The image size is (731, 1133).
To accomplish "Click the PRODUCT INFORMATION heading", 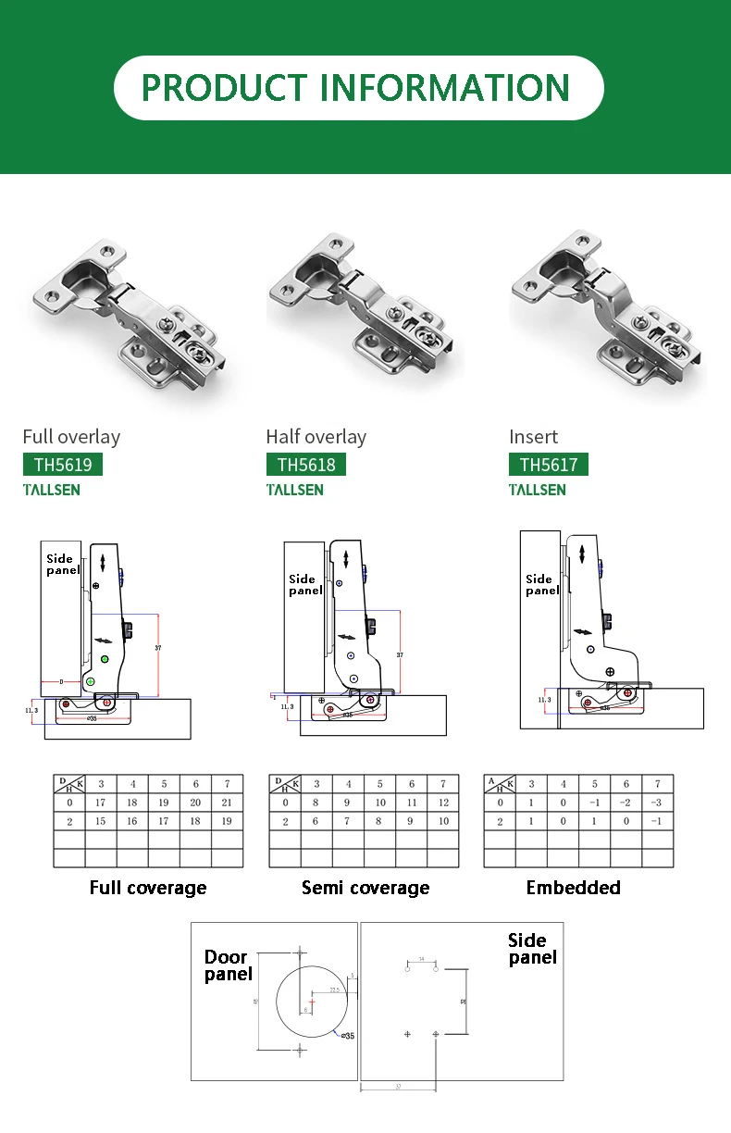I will [356, 88].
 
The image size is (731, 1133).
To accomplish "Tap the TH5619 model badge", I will [62, 465].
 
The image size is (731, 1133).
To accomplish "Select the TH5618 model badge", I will [306, 465].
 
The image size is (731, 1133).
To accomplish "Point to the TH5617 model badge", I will [549, 465].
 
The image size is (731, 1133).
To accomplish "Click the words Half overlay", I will [316, 437].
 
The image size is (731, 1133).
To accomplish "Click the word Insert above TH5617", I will [534, 437].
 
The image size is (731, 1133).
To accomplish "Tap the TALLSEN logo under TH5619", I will [52, 490].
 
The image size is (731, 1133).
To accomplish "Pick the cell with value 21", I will [228, 803].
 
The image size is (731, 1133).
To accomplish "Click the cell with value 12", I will [443, 803].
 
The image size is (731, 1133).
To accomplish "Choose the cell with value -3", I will [657, 803].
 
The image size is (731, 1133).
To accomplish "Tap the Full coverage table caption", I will [148, 888].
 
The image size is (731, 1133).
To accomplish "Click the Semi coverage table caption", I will [365, 888].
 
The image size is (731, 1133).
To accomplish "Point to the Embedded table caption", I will [574, 888].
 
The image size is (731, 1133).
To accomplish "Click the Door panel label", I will [228, 965].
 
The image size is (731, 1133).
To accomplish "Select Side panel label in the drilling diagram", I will [532, 949].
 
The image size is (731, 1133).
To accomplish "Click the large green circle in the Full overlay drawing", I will [105, 658].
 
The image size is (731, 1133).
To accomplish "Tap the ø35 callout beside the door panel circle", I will [347, 1035].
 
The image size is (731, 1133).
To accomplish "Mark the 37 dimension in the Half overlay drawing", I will [400, 654].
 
